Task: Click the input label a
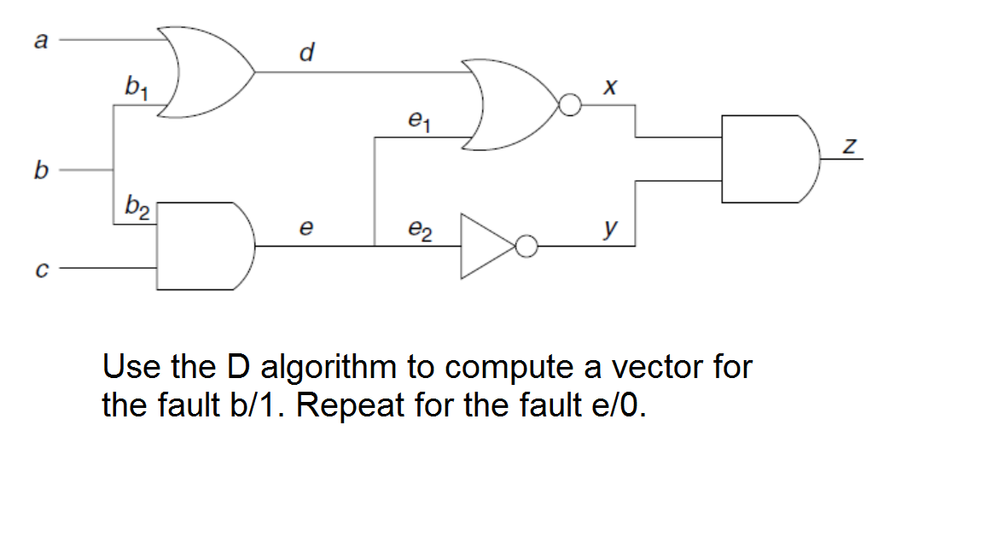pos(38,39)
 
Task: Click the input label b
pos(38,171)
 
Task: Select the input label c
pos(38,271)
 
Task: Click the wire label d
pos(308,54)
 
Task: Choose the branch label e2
pos(417,230)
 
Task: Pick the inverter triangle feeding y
pos(486,247)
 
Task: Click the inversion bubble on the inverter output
pos(527,247)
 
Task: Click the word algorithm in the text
pos(329,367)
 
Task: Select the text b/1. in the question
pos(257,403)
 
